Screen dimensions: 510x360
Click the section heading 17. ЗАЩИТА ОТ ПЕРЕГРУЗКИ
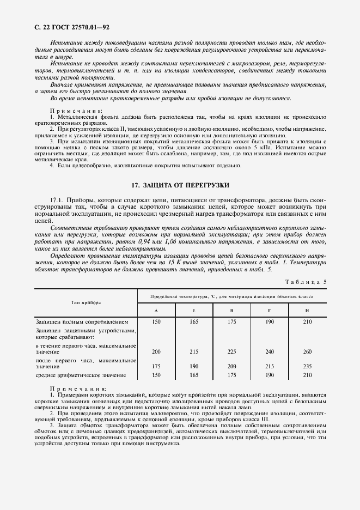(180, 185)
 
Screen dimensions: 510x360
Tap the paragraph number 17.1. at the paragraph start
(58, 201)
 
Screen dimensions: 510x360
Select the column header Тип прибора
(84, 302)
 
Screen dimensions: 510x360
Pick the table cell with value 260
(307, 352)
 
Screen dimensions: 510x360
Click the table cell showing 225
(231, 352)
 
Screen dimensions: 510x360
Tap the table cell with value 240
(269, 352)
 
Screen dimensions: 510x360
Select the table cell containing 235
(307, 367)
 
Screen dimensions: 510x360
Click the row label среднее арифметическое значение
(81, 375)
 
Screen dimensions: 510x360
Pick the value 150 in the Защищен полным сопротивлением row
(156, 322)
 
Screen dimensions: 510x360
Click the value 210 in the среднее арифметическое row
(307, 375)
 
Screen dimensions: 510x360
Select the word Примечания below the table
(79, 388)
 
